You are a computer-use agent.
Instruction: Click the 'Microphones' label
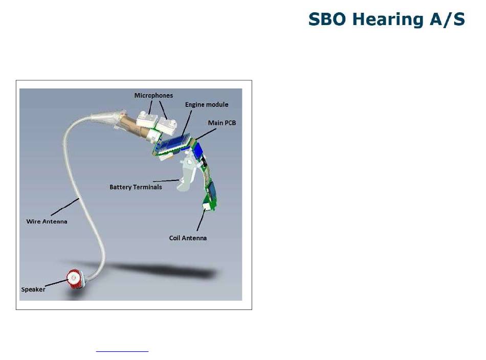(153, 96)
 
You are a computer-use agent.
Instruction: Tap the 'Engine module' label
(207, 105)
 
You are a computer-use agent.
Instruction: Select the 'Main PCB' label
(222, 123)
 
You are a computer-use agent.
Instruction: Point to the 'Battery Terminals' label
(136, 187)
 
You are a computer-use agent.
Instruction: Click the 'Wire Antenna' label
(47, 221)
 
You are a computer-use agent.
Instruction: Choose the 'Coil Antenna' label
(188, 238)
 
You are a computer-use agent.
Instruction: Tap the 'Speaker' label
(33, 289)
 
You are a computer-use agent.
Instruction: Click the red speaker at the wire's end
(74, 279)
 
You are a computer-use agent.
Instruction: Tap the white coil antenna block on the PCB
(206, 206)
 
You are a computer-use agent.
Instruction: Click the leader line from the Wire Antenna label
(65, 207)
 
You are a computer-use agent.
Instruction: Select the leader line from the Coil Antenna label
(201, 220)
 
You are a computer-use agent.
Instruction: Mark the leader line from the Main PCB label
(206, 134)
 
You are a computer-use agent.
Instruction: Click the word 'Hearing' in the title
(388, 19)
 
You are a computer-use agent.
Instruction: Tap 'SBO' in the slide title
(327, 19)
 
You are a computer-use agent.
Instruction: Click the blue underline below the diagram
(122, 351)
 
